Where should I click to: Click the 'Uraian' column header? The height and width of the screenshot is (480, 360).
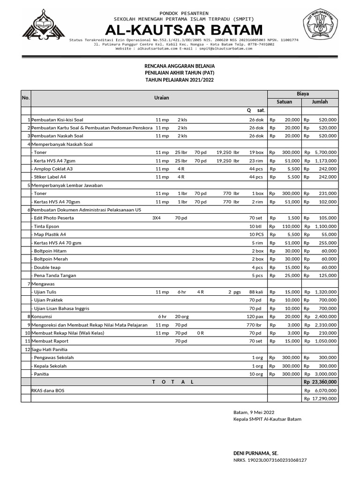pyautogui.click(x=161, y=98)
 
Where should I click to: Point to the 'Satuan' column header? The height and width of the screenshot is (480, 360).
pyautogui.click(x=284, y=102)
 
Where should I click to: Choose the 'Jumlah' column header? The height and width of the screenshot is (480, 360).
pyautogui.click(x=320, y=102)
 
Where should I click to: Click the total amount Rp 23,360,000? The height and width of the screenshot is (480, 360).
pyautogui.click(x=320, y=382)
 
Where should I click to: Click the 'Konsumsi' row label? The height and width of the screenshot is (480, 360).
pyautogui.click(x=42, y=316)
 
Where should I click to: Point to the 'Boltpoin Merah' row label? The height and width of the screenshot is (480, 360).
pyautogui.click(x=49, y=259)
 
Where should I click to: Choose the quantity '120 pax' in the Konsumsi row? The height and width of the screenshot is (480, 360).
pyautogui.click(x=255, y=316)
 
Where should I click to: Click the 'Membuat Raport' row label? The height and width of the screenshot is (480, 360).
pyautogui.click(x=50, y=341)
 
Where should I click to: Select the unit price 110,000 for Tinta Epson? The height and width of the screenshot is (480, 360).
pyautogui.click(x=290, y=226)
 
